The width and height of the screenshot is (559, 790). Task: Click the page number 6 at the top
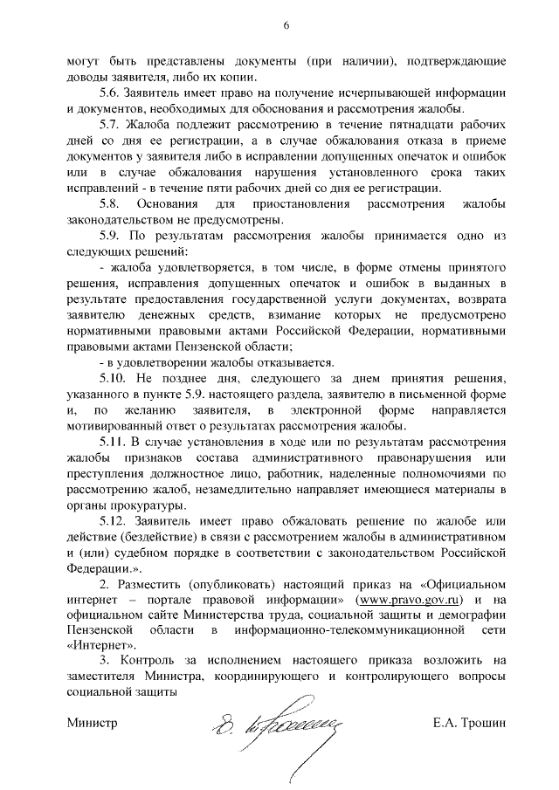(286, 25)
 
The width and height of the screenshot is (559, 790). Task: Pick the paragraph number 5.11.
(114, 443)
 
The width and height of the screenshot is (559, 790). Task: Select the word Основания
(177, 203)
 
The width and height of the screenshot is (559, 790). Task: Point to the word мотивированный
(114, 427)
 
